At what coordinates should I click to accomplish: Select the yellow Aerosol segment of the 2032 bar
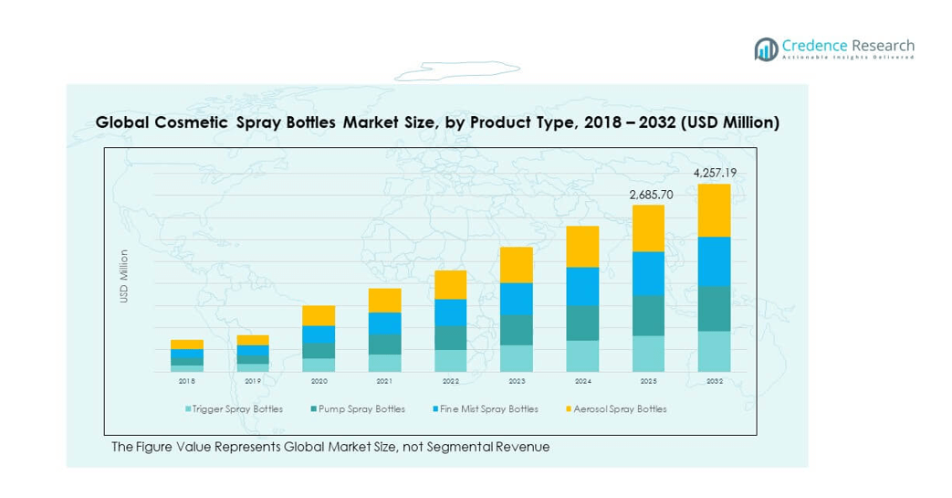point(715,210)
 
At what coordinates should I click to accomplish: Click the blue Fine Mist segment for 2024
point(582,286)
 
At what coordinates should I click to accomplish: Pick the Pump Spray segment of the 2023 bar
point(517,330)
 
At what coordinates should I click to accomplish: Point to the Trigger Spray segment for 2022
point(451,361)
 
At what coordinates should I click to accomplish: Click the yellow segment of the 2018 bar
point(187,344)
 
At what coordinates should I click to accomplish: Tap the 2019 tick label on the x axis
point(253,381)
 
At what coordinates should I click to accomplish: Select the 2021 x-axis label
point(384,381)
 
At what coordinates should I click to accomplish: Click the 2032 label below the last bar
point(715,381)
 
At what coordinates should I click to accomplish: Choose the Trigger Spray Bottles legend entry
point(235,409)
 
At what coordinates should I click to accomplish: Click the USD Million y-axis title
point(124,276)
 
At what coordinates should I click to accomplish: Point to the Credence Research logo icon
point(765,49)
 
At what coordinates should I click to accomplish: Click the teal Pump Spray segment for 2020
point(319,351)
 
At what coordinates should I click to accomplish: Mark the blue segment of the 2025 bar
point(648,273)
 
